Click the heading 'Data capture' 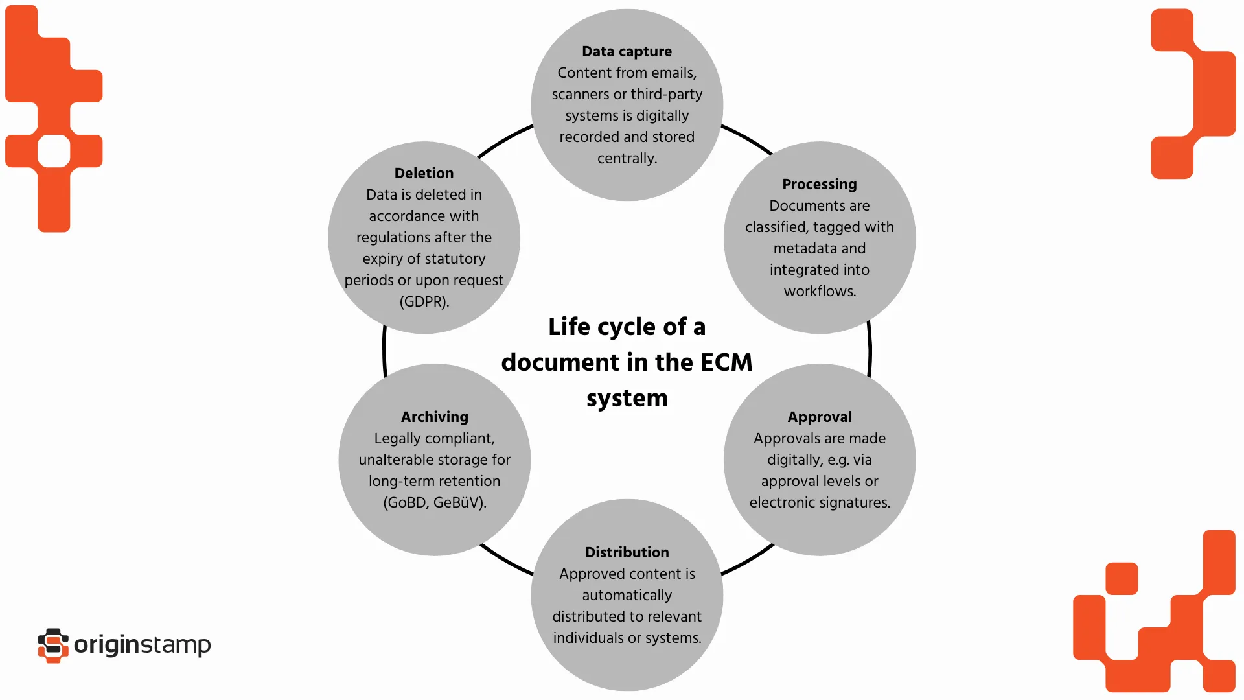(x=627, y=51)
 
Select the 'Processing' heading (x=819, y=184)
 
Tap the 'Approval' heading (x=819, y=417)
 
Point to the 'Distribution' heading (x=627, y=552)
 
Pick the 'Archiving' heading (x=434, y=417)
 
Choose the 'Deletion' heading (x=424, y=173)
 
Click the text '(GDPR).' (x=424, y=301)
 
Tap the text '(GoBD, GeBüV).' (x=434, y=502)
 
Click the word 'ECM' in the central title (x=726, y=362)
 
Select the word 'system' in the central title (x=627, y=398)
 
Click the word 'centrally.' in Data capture (x=627, y=158)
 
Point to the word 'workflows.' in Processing (x=819, y=291)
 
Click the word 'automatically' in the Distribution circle (x=627, y=595)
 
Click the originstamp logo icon (x=53, y=645)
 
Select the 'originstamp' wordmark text (x=142, y=645)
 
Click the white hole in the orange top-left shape (x=54, y=151)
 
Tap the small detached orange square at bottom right (x=1122, y=578)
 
